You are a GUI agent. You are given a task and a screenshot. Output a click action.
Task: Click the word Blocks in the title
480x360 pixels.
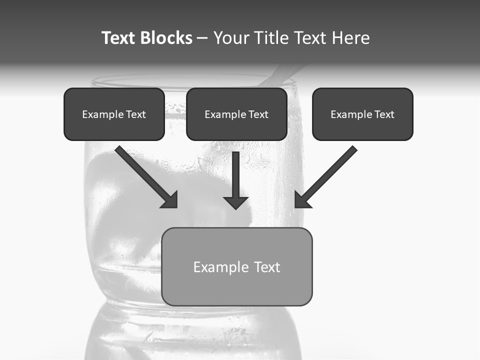(167, 38)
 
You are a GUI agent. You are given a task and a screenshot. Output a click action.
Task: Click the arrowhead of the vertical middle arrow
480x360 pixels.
(235, 202)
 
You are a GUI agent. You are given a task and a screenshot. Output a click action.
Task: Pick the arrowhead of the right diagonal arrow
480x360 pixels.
(302, 199)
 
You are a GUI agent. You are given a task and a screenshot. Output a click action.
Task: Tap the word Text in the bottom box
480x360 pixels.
(267, 267)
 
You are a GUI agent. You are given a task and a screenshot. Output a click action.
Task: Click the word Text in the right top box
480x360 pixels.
(383, 114)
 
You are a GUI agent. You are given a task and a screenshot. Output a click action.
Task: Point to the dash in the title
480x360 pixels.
(202, 38)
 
